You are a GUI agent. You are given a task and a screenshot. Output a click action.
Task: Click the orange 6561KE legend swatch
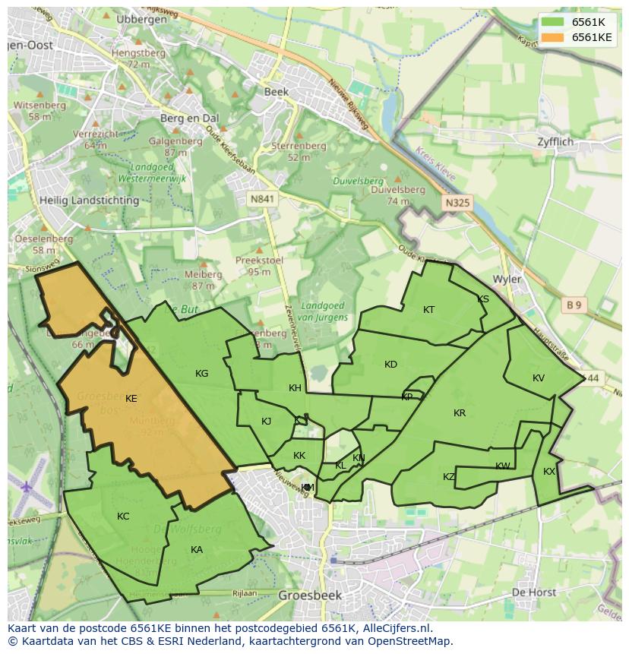(553, 37)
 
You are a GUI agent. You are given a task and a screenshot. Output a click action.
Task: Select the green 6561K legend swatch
(553, 22)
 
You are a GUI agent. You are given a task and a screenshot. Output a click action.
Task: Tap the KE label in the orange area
(131, 398)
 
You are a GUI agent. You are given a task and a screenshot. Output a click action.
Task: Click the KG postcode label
(201, 373)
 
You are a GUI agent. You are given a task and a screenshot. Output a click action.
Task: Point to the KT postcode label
(428, 309)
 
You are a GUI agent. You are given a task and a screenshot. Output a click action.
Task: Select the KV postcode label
(538, 378)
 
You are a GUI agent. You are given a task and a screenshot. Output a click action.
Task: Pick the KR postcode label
(459, 413)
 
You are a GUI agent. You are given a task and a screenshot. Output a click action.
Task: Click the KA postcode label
(197, 549)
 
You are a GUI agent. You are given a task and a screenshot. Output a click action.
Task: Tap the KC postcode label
(123, 516)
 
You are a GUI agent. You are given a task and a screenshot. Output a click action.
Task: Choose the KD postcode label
(390, 364)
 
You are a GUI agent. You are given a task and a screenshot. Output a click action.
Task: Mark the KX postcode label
(548, 471)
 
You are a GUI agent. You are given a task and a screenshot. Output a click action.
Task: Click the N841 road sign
(261, 198)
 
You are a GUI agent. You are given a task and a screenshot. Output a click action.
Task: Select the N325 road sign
(457, 203)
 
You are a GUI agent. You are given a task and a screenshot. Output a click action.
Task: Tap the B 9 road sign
(574, 305)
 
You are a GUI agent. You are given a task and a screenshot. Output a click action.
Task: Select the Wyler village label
(507, 279)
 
